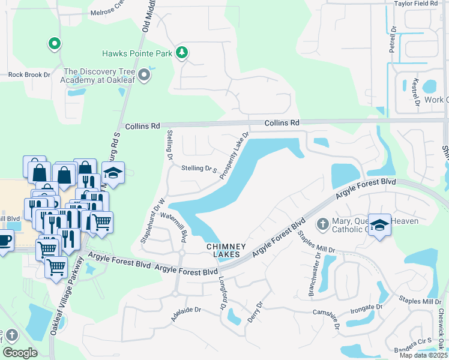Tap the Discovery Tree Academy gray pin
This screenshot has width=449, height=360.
[143, 75]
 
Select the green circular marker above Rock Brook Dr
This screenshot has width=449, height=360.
[54, 43]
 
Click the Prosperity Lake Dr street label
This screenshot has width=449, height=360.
[234, 156]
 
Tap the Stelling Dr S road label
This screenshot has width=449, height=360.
[199, 170]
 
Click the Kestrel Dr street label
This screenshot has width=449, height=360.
[416, 92]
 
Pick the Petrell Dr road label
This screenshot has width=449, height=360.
[393, 37]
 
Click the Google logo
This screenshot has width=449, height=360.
[20, 353]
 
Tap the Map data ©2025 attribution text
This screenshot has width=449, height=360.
[423, 355]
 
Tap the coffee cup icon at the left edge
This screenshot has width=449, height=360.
[4, 241]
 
